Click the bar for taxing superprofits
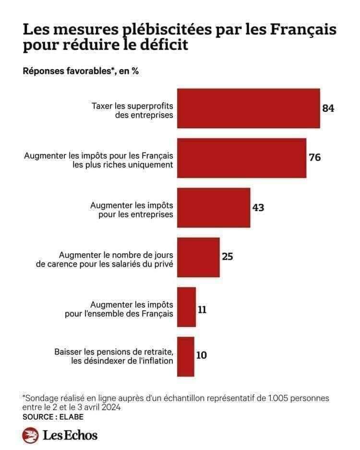point(248,108)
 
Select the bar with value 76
point(241,158)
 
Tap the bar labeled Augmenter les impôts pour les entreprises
point(214,208)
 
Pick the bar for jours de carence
point(198,257)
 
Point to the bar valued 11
point(186,307)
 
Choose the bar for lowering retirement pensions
point(186,356)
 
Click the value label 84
point(328,108)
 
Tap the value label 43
point(258,208)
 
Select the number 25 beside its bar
point(228,257)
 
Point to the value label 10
point(202,356)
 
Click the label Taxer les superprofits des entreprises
point(132,110)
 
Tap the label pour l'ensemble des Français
point(119,314)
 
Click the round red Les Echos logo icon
point(30,435)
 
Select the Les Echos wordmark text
point(70,435)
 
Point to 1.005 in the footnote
point(266,398)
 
